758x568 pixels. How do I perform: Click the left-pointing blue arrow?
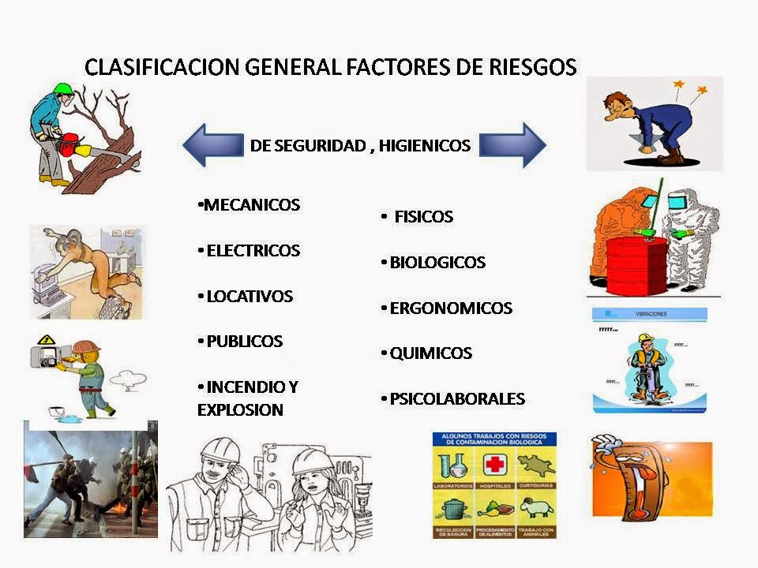212,145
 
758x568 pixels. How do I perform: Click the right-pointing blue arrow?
513,145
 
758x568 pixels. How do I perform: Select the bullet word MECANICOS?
251,205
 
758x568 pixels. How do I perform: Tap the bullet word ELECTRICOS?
253,251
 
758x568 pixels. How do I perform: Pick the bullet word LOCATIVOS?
249,297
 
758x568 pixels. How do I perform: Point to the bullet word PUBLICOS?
244,342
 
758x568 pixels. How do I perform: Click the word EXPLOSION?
240,410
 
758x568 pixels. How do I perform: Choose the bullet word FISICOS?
423,216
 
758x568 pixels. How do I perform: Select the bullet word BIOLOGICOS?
437,262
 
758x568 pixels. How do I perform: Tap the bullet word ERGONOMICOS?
451,308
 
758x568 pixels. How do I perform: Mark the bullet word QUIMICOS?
430,353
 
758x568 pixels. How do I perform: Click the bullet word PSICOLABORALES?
457,399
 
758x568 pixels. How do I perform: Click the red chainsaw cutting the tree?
69,144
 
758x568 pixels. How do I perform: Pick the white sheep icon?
537,508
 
